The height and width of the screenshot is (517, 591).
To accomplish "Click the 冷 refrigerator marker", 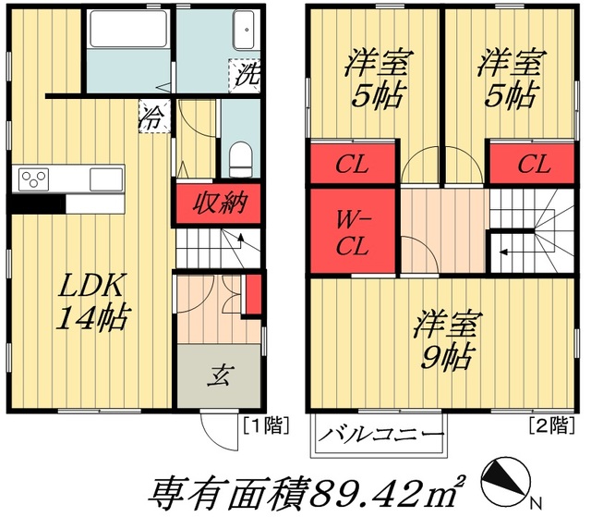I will tap(150, 117).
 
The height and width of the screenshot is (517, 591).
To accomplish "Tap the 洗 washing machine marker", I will tap(247, 74).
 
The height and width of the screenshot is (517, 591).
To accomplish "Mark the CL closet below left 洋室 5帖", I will tap(353, 166).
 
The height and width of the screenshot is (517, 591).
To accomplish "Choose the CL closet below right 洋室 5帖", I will tap(533, 166).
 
